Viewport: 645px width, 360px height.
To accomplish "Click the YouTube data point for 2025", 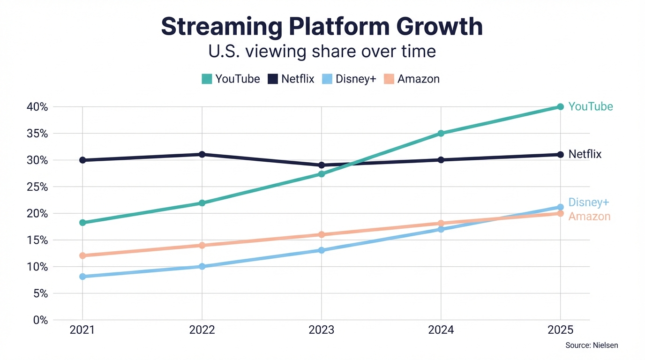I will (560, 107).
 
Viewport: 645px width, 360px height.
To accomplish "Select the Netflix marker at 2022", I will (202, 154).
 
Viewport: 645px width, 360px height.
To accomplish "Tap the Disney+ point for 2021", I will (82, 277).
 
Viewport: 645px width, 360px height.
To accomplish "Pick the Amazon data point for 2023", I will (322, 234).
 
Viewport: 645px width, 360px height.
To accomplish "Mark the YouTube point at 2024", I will (441, 134).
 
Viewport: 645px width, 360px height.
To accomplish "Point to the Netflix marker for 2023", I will (322, 165).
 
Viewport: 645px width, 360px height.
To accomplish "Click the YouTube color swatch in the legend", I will (207, 79).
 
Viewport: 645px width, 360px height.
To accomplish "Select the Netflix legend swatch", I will (273, 79).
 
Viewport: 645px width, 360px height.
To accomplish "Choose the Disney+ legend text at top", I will (356, 79).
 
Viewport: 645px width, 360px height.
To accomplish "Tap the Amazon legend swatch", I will (389, 79).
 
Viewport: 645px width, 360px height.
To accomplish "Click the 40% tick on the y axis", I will (37, 107).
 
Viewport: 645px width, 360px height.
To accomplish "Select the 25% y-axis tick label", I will (37, 187).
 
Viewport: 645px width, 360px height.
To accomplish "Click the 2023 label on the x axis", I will (322, 330).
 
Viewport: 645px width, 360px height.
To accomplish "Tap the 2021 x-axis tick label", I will (82, 330).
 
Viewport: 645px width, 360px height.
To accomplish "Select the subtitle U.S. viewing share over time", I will (322, 51).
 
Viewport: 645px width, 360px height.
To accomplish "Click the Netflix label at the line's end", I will (585, 154).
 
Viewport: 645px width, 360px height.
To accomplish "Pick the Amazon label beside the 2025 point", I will (589, 217).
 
